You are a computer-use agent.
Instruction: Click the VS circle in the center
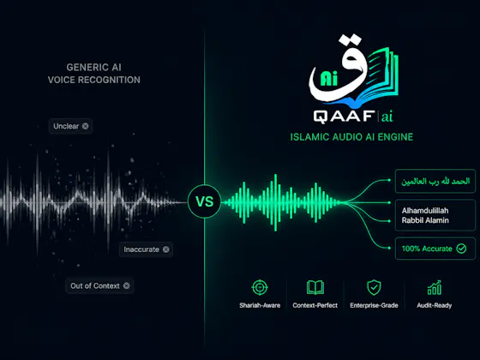click(204, 201)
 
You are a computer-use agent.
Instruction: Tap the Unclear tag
click(70, 126)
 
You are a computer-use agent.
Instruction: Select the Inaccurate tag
click(146, 249)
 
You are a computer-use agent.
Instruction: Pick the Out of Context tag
click(99, 286)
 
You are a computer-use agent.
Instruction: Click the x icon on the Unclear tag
click(86, 126)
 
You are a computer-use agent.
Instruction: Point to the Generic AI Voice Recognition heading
click(94, 74)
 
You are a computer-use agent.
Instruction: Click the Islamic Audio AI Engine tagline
click(351, 137)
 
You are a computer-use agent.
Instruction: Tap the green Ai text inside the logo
click(329, 78)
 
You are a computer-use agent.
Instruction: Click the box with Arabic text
click(435, 181)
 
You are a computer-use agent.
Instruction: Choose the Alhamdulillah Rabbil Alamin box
click(435, 215)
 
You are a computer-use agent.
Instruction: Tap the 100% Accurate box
click(435, 249)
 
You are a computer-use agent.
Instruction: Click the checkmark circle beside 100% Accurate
click(461, 249)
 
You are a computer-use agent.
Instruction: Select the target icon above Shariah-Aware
click(260, 287)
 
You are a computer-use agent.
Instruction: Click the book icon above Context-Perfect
click(315, 287)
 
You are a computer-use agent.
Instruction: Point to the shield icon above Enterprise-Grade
click(374, 287)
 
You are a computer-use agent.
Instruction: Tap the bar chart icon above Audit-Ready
click(435, 287)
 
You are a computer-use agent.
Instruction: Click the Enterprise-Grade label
click(374, 305)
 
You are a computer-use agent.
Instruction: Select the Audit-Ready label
click(435, 305)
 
